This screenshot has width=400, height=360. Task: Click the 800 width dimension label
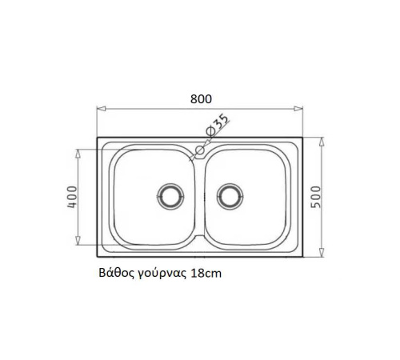point(201,99)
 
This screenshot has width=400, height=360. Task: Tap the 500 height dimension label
point(316,197)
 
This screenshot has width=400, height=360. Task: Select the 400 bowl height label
point(72,197)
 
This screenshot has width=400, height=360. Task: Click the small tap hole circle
point(200,150)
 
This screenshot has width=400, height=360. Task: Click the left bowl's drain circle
point(170,197)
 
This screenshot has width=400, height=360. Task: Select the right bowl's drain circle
point(230,197)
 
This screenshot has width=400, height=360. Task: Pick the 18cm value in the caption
point(206,274)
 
